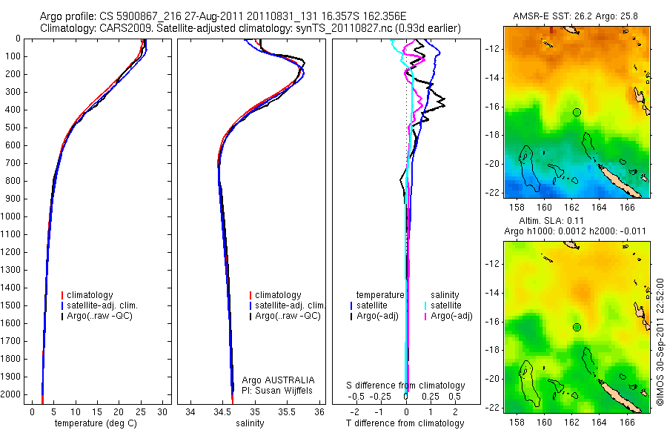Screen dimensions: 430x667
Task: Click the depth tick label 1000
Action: click(13, 216)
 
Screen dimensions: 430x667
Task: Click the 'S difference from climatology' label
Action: click(406, 386)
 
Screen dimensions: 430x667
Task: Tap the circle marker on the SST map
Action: click(577, 112)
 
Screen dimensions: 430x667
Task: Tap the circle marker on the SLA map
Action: click(577, 327)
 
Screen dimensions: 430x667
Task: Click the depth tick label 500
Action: click(15, 127)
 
